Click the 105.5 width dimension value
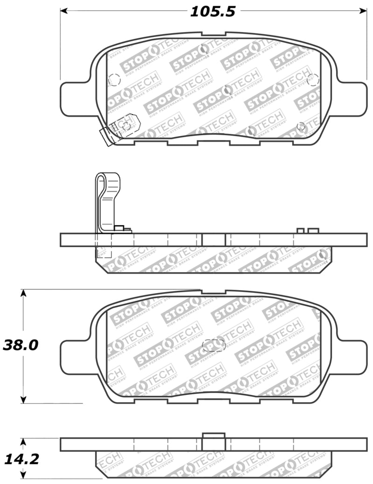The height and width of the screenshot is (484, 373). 212,12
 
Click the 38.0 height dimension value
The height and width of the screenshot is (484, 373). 20,345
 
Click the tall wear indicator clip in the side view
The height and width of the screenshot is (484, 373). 108,201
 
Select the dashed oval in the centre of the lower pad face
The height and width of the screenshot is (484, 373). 214,345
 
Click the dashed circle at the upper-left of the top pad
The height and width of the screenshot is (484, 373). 114,80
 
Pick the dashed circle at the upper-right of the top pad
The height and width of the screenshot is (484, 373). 313,80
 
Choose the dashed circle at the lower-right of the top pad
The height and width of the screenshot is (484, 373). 301,126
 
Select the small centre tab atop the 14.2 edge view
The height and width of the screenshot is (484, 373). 214,436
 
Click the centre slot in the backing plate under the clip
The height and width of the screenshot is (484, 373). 214,240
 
